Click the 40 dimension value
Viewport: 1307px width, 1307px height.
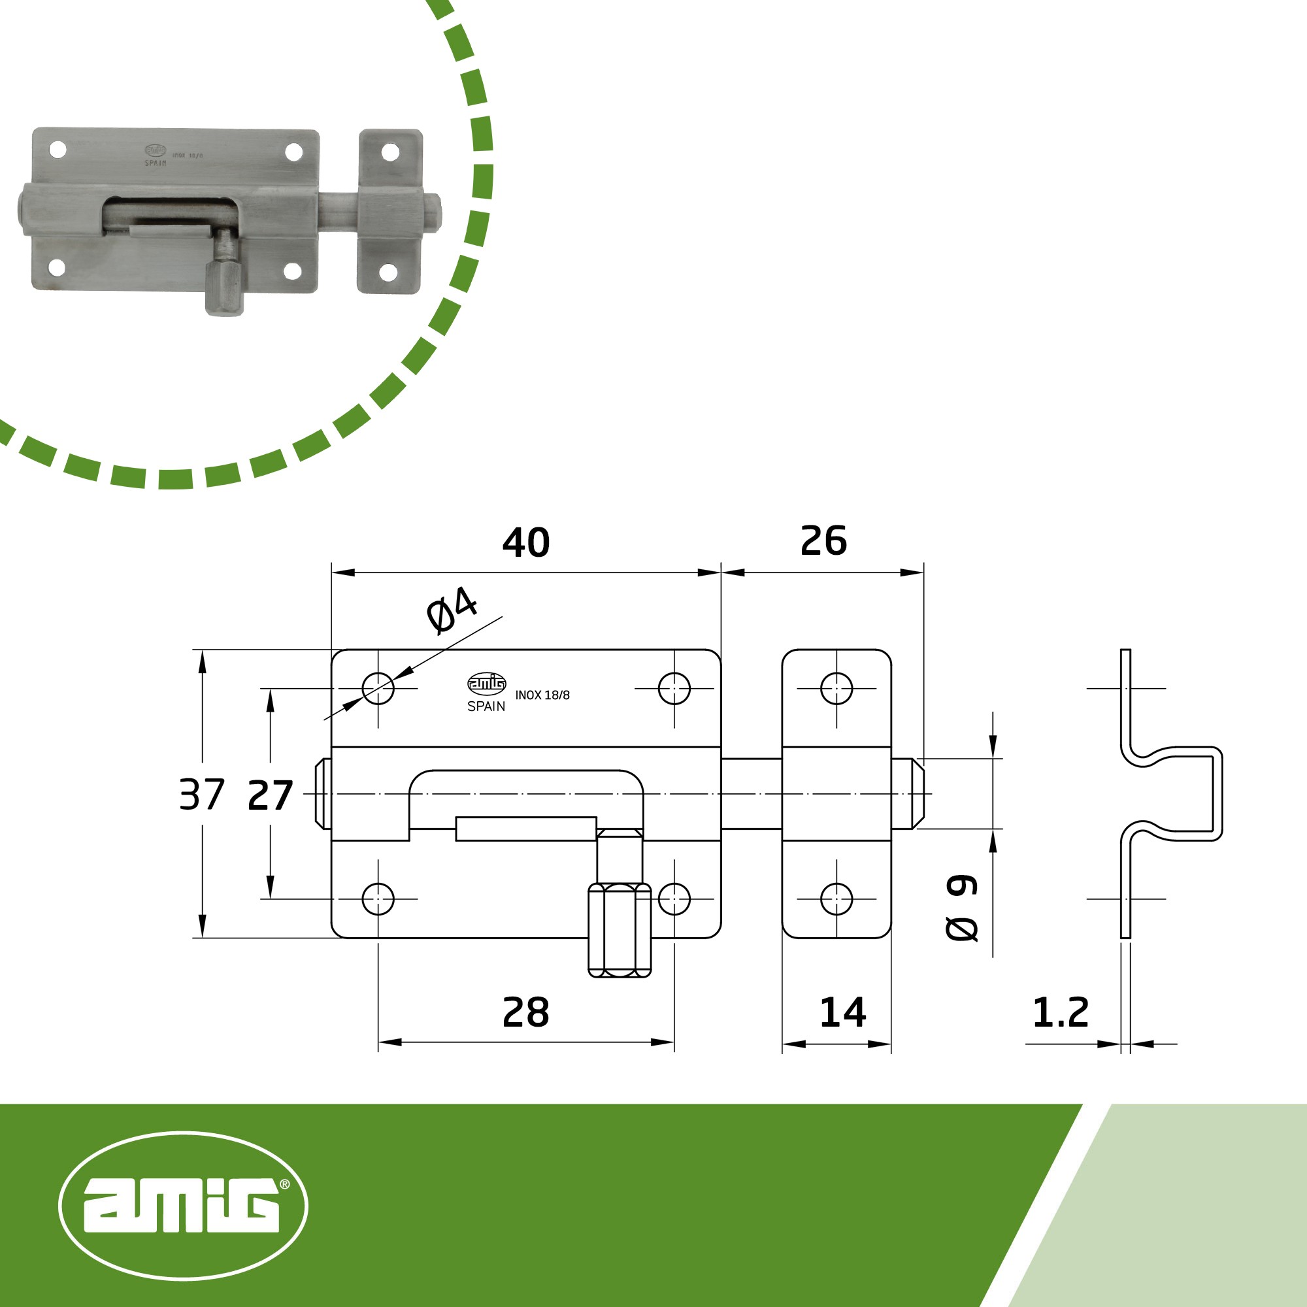point(525,542)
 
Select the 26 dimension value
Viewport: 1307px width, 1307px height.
point(823,540)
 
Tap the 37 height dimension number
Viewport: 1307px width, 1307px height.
point(201,794)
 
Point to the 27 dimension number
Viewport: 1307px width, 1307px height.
point(270,795)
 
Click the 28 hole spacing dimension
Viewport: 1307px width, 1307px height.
point(525,1013)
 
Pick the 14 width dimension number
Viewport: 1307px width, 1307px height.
point(842,1013)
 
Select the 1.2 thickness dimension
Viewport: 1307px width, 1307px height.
point(1060,1013)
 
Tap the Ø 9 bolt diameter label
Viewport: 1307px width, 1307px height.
point(961,907)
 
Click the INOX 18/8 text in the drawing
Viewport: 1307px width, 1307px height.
point(542,695)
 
